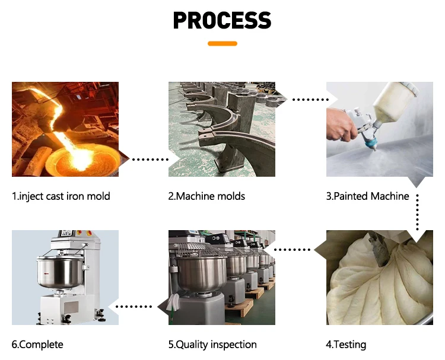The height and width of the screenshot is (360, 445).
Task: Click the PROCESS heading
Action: click(x=223, y=20)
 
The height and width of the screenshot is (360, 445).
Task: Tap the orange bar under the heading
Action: click(x=223, y=43)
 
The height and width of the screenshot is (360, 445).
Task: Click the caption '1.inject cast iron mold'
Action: click(x=61, y=196)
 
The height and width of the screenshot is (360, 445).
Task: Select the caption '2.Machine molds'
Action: click(x=206, y=196)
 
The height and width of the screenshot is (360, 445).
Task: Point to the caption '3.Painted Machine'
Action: click(x=367, y=196)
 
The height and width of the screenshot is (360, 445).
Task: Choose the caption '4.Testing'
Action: click(x=346, y=345)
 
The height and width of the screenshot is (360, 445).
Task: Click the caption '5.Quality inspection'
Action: click(x=212, y=345)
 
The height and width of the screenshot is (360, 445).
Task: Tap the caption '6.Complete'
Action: click(x=37, y=345)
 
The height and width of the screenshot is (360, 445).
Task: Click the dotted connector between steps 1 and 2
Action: click(x=151, y=160)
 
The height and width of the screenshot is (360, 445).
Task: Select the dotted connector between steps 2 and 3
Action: click(x=310, y=100)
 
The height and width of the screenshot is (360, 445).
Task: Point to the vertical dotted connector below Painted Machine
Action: click(x=417, y=212)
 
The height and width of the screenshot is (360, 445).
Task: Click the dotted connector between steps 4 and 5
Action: click(x=293, y=250)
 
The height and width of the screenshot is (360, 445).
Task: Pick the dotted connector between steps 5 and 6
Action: click(x=134, y=307)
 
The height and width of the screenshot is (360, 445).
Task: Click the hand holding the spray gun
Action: click(x=340, y=124)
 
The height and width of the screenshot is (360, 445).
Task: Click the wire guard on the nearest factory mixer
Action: click(x=199, y=249)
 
